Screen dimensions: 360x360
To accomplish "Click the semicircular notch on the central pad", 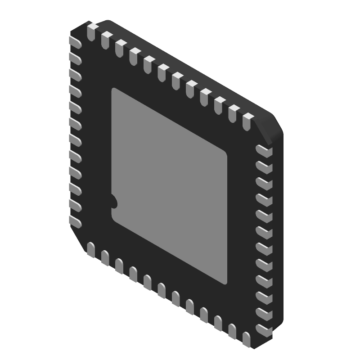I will tap(113, 202).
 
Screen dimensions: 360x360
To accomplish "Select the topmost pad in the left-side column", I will tap(75, 42).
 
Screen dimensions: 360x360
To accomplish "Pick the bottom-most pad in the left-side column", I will tap(75, 220).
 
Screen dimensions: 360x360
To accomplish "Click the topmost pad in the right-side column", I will tap(264, 151).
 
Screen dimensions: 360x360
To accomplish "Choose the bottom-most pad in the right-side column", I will tap(264, 330).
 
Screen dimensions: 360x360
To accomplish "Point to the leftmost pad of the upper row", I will tap(91, 32).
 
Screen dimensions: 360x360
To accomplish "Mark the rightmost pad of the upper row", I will tap(248, 122).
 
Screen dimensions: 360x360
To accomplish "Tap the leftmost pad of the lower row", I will tap(90, 250).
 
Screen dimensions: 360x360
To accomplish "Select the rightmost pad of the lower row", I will tap(246, 339).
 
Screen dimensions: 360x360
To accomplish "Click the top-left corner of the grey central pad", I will tap(113, 89).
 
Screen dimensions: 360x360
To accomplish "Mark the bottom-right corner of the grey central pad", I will tap(226, 283).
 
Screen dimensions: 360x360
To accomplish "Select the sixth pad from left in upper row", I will tap(162, 73).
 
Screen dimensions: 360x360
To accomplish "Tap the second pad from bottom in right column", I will tap(264, 313).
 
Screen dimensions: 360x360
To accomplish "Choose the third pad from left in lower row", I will tap(119, 266).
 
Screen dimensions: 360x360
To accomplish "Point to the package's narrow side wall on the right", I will tap(278, 234).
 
